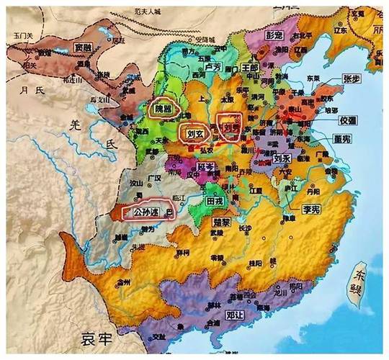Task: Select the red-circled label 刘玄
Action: tap(193, 133)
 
